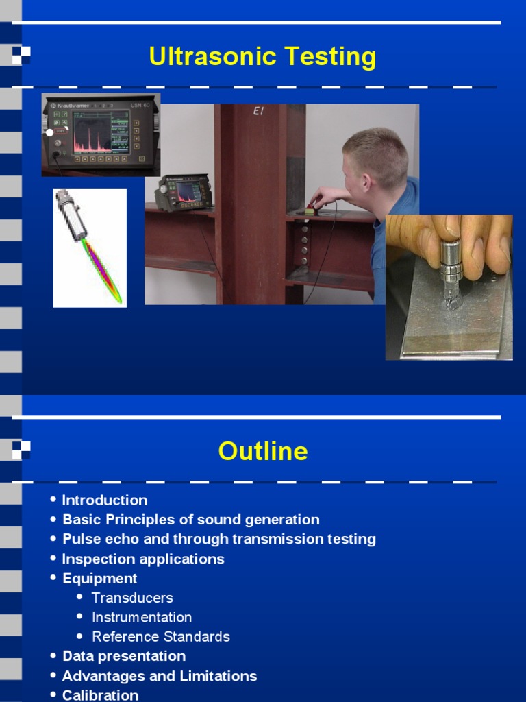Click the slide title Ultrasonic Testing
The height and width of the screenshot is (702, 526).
click(x=262, y=57)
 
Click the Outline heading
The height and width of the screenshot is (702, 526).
click(x=263, y=451)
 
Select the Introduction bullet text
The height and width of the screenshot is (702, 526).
click(x=104, y=500)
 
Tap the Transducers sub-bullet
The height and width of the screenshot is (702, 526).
click(x=132, y=598)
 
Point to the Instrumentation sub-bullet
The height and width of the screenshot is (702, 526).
click(x=142, y=617)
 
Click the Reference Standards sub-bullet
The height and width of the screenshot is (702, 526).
click(x=161, y=637)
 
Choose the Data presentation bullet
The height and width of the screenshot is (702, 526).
click(x=124, y=656)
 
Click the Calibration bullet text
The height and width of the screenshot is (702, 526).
click(x=100, y=695)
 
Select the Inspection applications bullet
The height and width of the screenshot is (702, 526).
click(x=143, y=559)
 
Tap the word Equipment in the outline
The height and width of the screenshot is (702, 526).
click(x=100, y=579)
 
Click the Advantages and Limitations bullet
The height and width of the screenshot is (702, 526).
click(x=160, y=676)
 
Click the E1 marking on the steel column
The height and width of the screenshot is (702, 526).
click(x=258, y=111)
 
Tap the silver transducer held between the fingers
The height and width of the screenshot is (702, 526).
click(x=451, y=261)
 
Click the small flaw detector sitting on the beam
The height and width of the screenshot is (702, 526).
click(x=183, y=192)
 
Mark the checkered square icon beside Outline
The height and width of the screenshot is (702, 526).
click(x=21, y=450)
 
